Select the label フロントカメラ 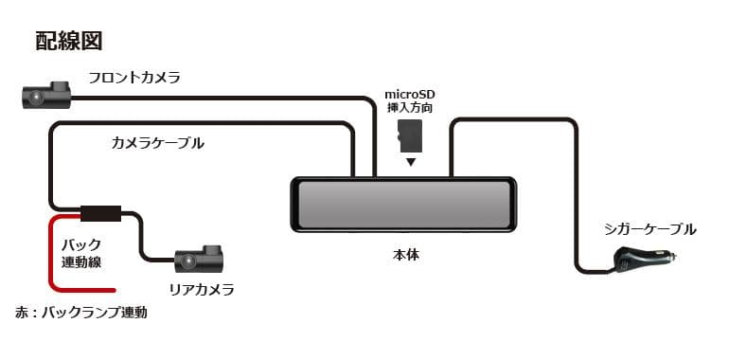point(133,78)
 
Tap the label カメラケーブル point(158,143)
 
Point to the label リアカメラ point(203,289)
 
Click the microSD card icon point(410,138)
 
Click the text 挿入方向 point(409,109)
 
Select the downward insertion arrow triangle point(410,162)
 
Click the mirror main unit point(403,204)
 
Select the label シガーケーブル point(649,228)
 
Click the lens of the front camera point(34,96)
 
